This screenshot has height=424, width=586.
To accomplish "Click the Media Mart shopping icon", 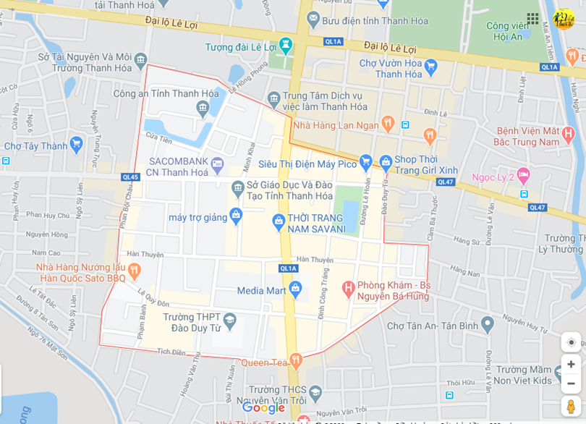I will tap(295, 289).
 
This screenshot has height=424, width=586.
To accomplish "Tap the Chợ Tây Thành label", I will tap(35, 146).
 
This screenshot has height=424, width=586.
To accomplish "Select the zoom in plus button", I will tap(571, 364).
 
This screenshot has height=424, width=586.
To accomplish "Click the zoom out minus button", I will tap(571, 383).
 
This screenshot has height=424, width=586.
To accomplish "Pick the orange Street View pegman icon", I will tap(571, 406).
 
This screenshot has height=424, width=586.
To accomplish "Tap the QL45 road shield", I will tap(130, 177).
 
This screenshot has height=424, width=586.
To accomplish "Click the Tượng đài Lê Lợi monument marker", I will tap(286, 46).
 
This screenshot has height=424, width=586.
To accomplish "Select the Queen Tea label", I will tap(265, 362).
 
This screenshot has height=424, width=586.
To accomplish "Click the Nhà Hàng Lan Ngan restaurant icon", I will tap(388, 124).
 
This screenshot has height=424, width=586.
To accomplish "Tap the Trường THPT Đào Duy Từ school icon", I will tap(229, 320).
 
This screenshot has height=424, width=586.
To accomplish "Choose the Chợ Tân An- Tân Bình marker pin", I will tap(487, 324).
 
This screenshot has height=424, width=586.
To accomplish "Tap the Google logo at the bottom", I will tap(263, 407).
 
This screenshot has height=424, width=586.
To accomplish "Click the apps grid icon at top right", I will tap(532, 19).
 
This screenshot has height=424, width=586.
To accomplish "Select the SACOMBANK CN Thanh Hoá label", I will tap(177, 166).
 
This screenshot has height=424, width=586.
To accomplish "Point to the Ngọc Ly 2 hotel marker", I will tap(523, 175).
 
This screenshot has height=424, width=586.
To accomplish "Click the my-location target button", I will tap(571, 342).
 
